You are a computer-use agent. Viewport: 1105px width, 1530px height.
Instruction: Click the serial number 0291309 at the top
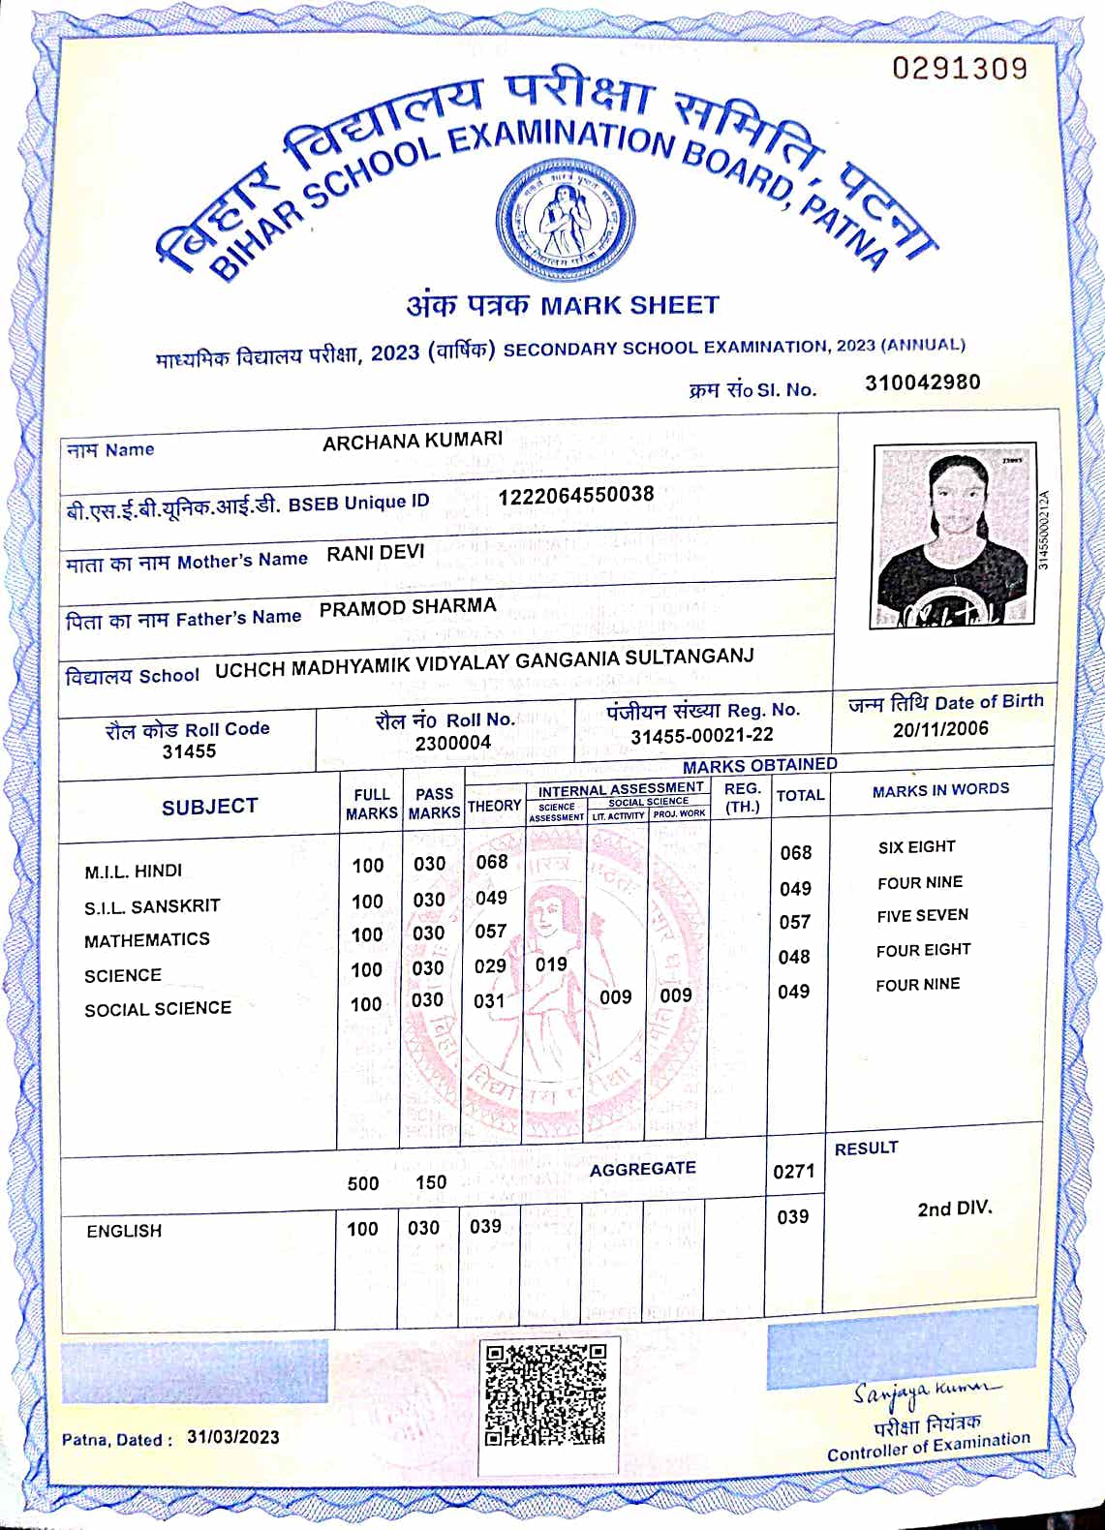(x=959, y=68)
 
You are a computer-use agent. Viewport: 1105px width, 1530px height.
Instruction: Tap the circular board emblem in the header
(x=566, y=219)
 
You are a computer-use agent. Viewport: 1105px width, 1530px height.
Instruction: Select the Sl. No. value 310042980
(x=922, y=382)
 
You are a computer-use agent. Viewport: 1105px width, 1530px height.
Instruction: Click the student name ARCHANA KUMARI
(x=413, y=442)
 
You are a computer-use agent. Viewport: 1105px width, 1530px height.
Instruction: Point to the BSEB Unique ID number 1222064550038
(x=576, y=495)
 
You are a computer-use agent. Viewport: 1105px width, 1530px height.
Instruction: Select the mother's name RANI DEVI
(x=376, y=553)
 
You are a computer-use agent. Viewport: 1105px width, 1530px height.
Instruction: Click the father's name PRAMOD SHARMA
(x=408, y=607)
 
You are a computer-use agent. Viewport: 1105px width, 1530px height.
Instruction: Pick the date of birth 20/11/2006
(x=940, y=729)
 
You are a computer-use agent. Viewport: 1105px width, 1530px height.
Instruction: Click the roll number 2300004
(x=453, y=743)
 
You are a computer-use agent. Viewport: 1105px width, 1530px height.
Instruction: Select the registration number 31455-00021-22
(x=702, y=736)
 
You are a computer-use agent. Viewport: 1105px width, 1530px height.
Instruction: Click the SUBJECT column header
(x=210, y=807)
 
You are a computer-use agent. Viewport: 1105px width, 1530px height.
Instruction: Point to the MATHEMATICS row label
(x=147, y=940)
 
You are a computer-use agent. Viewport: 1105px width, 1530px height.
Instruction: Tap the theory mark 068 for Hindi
(x=492, y=861)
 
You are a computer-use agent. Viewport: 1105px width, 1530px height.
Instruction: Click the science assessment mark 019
(x=551, y=964)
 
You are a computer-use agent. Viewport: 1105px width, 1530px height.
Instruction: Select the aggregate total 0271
(x=793, y=1172)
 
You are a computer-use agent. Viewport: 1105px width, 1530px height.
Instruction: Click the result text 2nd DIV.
(x=955, y=1209)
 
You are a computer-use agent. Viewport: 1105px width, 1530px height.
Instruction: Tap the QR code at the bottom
(x=546, y=1393)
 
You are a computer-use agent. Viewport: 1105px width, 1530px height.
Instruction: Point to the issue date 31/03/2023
(x=233, y=1437)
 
